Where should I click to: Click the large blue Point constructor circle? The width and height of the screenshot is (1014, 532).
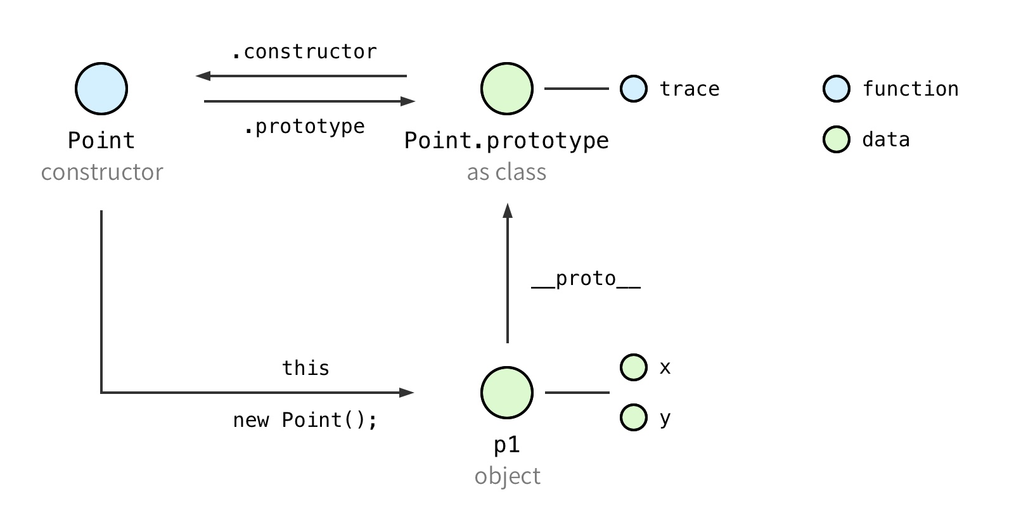click(x=101, y=89)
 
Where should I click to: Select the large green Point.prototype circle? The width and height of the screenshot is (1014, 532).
click(x=507, y=89)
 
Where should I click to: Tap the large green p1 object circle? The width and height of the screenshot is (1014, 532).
click(x=507, y=393)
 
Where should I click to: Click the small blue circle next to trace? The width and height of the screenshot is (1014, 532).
click(x=634, y=89)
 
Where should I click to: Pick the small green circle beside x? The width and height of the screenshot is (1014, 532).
click(x=634, y=367)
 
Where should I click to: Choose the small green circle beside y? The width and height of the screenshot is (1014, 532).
click(x=634, y=417)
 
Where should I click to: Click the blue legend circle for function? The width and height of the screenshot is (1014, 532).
click(x=837, y=89)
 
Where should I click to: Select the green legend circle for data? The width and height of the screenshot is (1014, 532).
click(x=837, y=139)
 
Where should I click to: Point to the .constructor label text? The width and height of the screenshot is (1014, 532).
click(x=304, y=51)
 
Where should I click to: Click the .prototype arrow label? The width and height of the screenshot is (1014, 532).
click(x=304, y=127)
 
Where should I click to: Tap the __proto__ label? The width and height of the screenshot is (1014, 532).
click(x=586, y=279)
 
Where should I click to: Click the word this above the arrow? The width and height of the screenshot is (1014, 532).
click(x=305, y=368)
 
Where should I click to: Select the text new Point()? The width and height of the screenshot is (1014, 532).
click(x=305, y=421)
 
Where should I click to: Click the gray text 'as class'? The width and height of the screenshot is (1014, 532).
click(x=507, y=172)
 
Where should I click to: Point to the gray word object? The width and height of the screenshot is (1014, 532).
click(x=508, y=476)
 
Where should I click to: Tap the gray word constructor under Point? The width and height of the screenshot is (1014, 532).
click(x=102, y=172)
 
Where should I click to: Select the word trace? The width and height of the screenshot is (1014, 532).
click(x=690, y=89)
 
